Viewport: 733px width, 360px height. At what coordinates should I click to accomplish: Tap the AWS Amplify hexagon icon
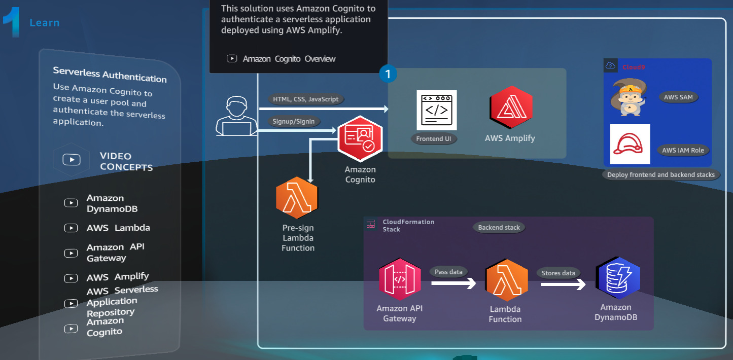pyautogui.click(x=511, y=107)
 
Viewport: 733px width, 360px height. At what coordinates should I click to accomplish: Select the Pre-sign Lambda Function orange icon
pyautogui.click(x=297, y=198)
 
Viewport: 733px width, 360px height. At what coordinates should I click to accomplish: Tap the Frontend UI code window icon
pyautogui.click(x=436, y=110)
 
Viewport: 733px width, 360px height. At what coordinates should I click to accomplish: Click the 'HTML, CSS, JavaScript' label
pyautogui.click(x=305, y=99)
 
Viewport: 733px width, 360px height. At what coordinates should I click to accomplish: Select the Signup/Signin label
pyautogui.click(x=294, y=121)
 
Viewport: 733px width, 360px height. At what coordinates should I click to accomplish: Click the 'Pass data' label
pyautogui.click(x=448, y=272)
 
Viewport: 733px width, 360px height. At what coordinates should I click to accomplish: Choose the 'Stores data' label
pyautogui.click(x=558, y=273)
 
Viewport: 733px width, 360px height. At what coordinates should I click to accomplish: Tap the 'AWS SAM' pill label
pyautogui.click(x=678, y=97)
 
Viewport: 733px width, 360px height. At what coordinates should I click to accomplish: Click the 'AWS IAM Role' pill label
pyautogui.click(x=683, y=150)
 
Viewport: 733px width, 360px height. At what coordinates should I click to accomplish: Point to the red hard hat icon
pyautogui.click(x=630, y=144)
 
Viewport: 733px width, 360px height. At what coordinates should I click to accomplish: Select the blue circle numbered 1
pyautogui.click(x=388, y=74)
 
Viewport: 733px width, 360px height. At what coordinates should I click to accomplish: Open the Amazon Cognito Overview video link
pyautogui.click(x=289, y=59)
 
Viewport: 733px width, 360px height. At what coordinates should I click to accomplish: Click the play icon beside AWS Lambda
pyautogui.click(x=71, y=228)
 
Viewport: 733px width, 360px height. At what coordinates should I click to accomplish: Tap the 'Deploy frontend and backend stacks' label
pyautogui.click(x=660, y=175)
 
